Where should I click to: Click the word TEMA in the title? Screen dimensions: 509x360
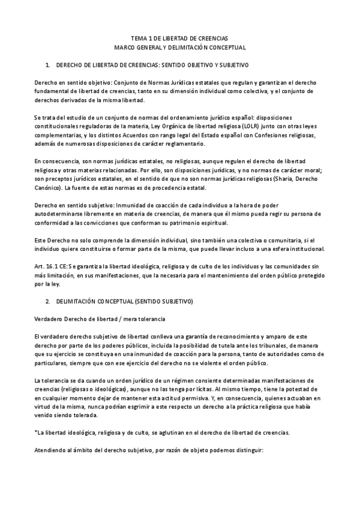click(x=139, y=37)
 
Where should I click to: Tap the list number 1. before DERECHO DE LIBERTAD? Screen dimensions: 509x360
click(x=48, y=64)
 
